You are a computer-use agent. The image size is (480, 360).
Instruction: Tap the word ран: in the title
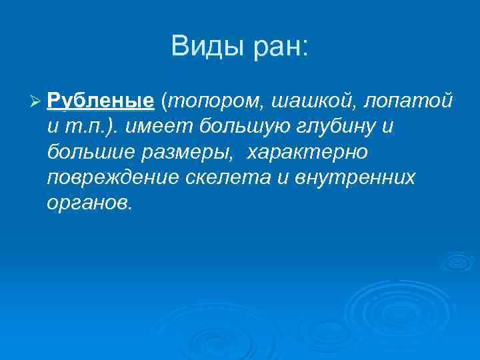[x=279, y=47]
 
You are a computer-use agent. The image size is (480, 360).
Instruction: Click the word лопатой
[x=413, y=101]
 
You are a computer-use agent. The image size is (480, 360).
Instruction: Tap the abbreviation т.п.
[x=84, y=126]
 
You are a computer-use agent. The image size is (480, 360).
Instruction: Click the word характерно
[x=307, y=152]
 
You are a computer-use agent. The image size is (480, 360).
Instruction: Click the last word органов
[x=90, y=203]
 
